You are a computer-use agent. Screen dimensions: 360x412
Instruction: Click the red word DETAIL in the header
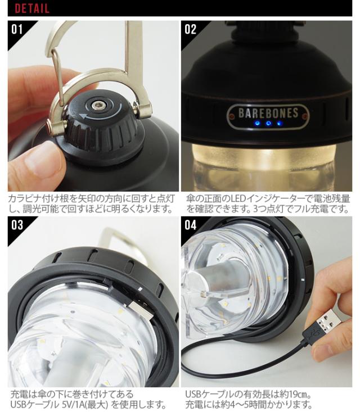pyautogui.click(x=32, y=8)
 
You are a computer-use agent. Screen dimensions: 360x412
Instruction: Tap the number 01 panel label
pyautogui.click(x=17, y=29)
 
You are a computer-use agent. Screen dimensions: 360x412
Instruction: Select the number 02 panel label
pyautogui.click(x=190, y=29)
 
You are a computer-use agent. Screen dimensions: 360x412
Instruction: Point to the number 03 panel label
pyautogui.click(x=17, y=225)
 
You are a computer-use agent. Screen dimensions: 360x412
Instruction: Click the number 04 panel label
pyautogui.click(x=190, y=225)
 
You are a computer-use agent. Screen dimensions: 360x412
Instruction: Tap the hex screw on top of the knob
pyautogui.click(x=98, y=106)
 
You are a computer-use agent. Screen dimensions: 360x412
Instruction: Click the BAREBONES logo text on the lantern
pyautogui.click(x=268, y=113)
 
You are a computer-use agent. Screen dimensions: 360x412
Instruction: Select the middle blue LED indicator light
pyautogui.click(x=268, y=123)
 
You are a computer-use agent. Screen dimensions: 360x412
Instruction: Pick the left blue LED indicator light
pyautogui.click(x=258, y=123)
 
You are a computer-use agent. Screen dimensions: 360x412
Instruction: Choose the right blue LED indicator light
pyautogui.click(x=280, y=123)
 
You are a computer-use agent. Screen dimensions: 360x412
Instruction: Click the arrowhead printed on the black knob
pyautogui.click(x=83, y=116)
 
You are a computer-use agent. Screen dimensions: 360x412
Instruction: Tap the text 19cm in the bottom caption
pyautogui.click(x=297, y=395)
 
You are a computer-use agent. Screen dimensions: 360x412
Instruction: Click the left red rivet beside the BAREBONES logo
pyautogui.click(x=231, y=116)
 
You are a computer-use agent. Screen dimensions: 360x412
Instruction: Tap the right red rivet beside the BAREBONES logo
pyautogui.click(x=305, y=116)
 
